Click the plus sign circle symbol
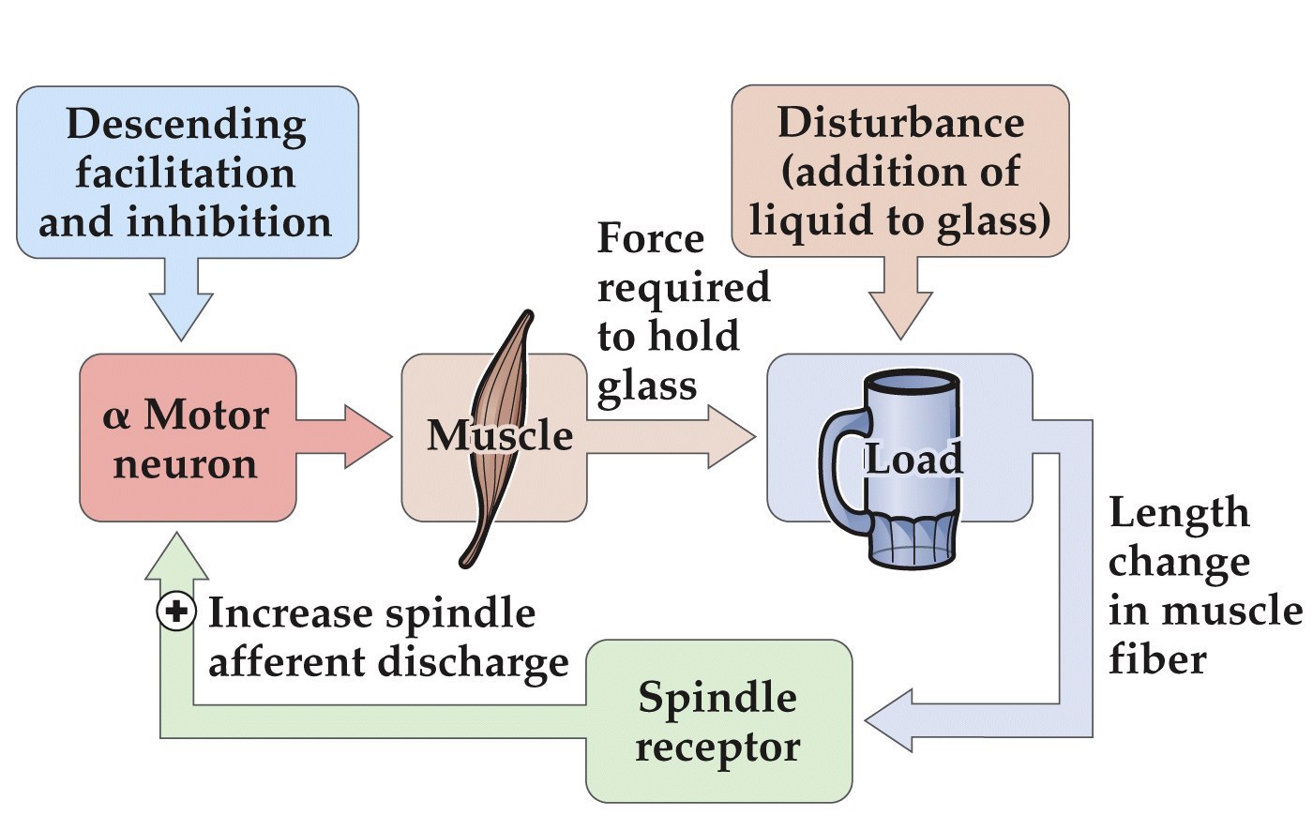point(175,612)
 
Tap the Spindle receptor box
point(718,721)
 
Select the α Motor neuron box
point(187,438)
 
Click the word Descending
point(186,125)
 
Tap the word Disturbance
point(900,123)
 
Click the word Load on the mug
point(913,459)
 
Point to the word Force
point(650,238)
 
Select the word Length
point(1178,513)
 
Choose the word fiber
point(1156,659)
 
